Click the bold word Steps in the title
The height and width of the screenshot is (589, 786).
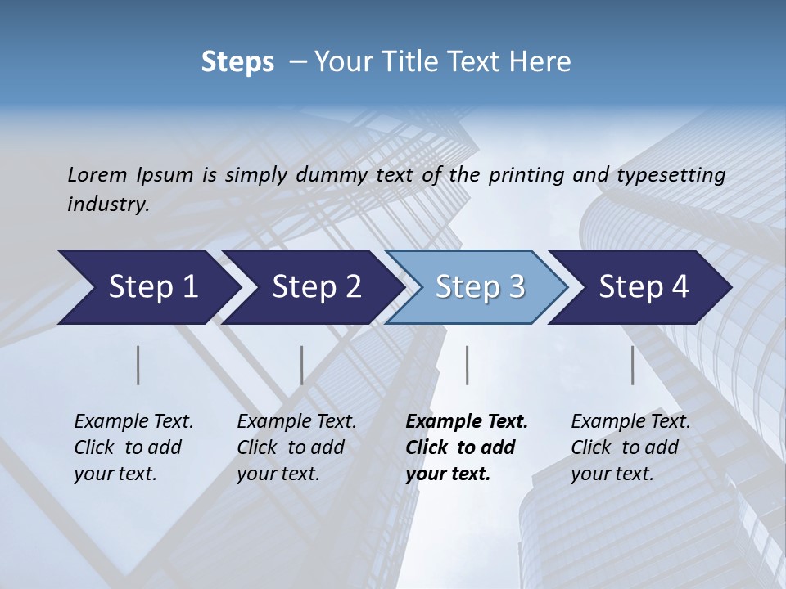coord(237,62)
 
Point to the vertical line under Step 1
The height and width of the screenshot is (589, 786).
coord(138,365)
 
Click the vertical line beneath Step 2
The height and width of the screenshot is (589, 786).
coord(302,365)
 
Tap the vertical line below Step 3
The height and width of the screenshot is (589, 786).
coord(468,365)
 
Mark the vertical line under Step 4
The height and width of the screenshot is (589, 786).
coord(633,365)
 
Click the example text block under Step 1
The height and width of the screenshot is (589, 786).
coord(133,447)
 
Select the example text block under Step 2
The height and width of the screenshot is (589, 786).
coord(296,447)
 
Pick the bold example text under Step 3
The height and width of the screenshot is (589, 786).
coord(467,447)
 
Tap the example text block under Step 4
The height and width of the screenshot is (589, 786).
coord(630,447)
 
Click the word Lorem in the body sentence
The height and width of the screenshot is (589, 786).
coord(97,174)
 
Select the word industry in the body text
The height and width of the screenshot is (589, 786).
coord(108,205)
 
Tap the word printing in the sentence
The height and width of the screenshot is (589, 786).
coord(524,174)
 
